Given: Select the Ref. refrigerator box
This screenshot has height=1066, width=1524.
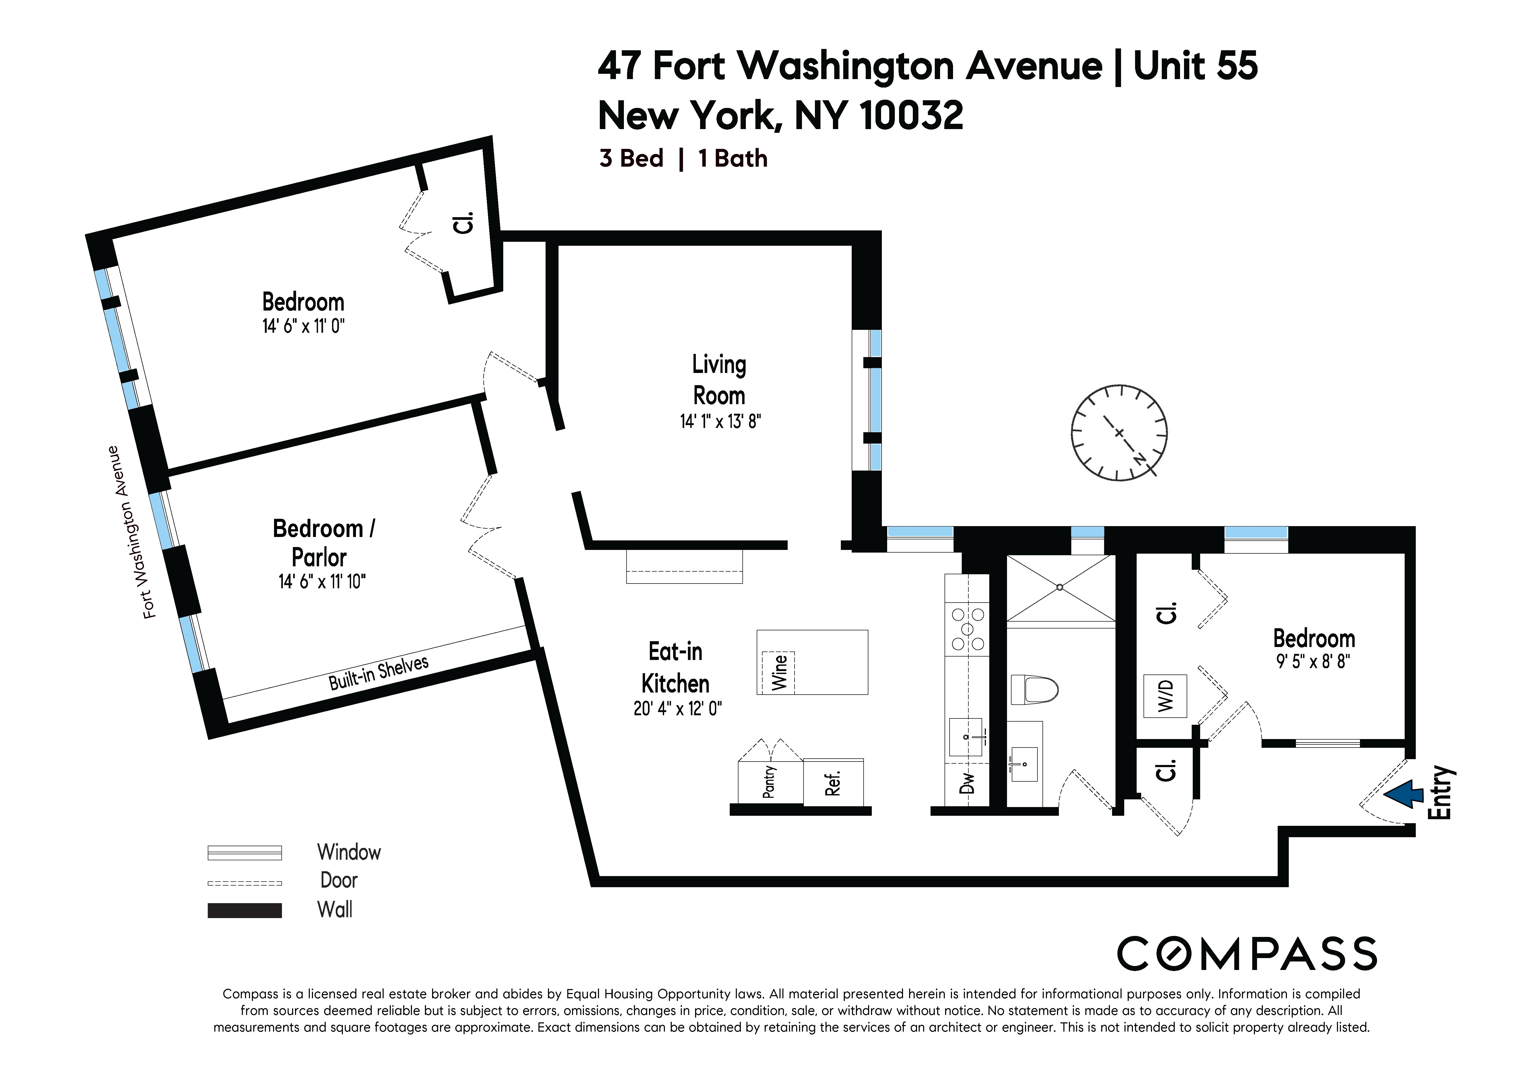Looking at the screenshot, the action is click(x=834, y=783).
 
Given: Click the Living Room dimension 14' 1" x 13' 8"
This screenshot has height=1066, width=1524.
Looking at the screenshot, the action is click(x=720, y=421).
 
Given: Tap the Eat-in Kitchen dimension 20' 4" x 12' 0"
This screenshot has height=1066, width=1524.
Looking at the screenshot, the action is click(x=678, y=709).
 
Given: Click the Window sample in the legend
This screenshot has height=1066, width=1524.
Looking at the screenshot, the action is click(x=245, y=852).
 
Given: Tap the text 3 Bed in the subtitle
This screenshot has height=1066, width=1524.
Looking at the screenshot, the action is click(x=631, y=159).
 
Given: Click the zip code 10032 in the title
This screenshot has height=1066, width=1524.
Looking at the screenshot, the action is click(x=911, y=116).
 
